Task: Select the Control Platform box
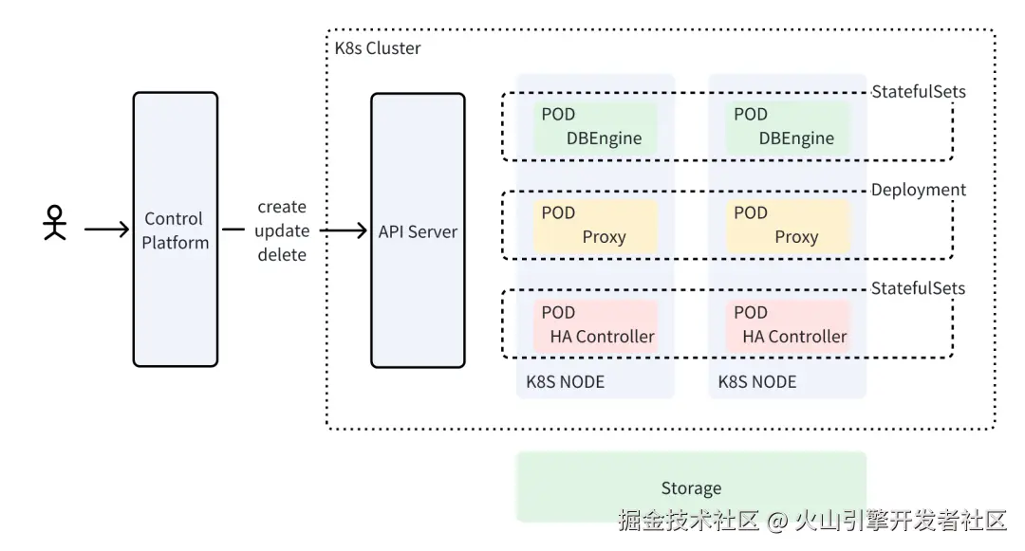[176, 230]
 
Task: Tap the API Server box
[418, 230]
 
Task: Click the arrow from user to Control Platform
[106, 229]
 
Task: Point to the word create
[282, 207]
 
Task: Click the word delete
[282, 254]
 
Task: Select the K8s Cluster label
[378, 47]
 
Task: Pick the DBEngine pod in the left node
[595, 126]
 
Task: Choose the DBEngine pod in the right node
[787, 126]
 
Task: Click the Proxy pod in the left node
[595, 225]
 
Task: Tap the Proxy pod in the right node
[787, 225]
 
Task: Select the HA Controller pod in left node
[595, 324]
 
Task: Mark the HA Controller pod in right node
[787, 324]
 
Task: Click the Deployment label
[918, 190]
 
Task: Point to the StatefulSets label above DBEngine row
[918, 92]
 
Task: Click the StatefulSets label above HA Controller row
[918, 288]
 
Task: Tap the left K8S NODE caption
[565, 382]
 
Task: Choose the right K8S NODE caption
[756, 382]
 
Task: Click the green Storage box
[691, 487]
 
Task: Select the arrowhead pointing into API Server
[361, 230]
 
